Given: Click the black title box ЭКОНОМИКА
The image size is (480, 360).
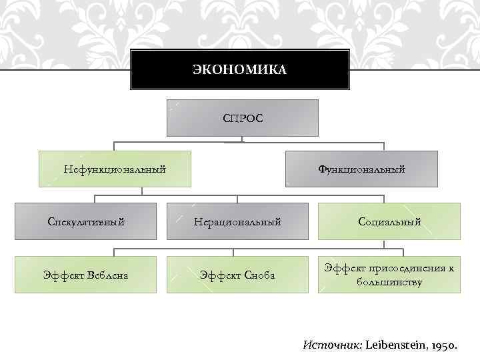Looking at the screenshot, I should tap(239, 69).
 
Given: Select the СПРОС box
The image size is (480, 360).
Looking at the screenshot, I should tap(243, 119).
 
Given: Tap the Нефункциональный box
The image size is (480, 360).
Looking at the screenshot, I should tap(115, 169).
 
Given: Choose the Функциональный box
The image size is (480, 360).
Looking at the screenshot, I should tap(361, 169).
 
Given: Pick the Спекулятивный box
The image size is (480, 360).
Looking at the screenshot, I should tap(85, 221).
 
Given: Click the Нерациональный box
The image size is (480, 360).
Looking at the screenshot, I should tap(237, 221).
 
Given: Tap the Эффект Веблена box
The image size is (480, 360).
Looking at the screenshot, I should tap(85, 274).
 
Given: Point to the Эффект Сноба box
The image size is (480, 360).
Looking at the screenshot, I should tap(237, 274).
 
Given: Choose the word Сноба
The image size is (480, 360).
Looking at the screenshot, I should tap(259, 275).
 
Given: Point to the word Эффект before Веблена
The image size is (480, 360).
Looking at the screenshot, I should tap(59, 275).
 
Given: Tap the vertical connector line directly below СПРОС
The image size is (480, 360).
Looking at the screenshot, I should tap(243, 139).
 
